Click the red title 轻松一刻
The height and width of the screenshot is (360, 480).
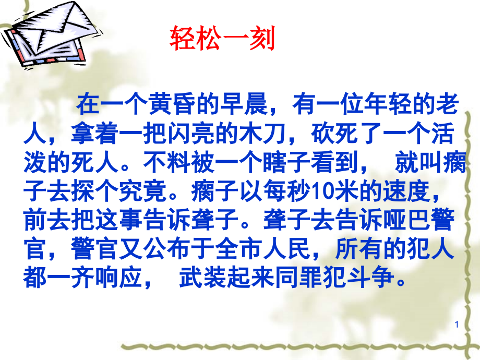[x=223, y=39]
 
